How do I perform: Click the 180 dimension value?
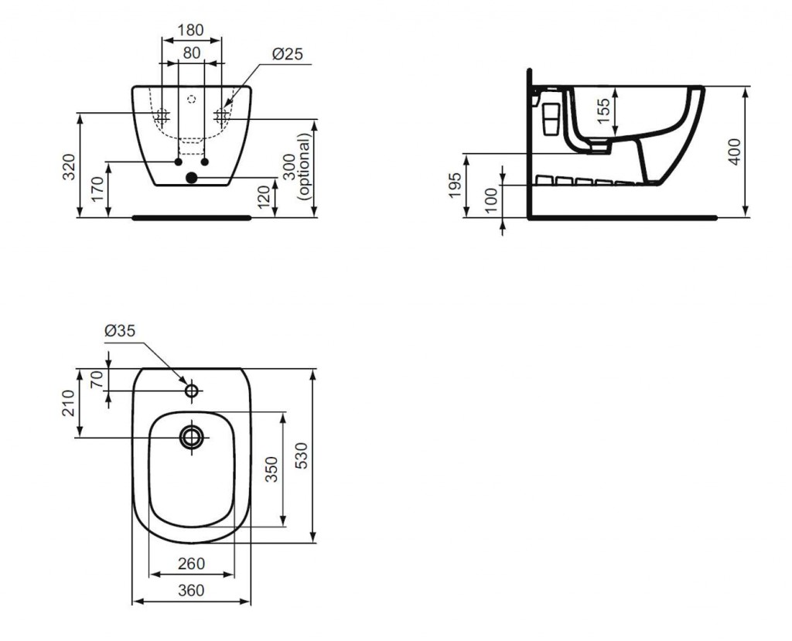tap(191, 30)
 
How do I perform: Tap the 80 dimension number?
tap(192, 53)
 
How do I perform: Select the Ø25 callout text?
tap(288, 53)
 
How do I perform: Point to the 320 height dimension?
tap(69, 166)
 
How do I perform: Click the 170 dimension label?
tap(98, 189)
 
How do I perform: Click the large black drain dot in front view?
tap(192, 177)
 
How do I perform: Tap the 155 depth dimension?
tap(603, 111)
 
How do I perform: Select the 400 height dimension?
tap(735, 151)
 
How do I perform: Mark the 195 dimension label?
tap(455, 186)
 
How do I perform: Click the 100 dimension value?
tap(490, 198)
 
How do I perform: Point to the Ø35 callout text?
tap(120, 331)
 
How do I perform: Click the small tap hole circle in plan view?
tap(192, 390)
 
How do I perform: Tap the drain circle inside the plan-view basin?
tap(192, 437)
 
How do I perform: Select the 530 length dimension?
tap(301, 455)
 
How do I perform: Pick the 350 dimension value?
tap(272, 469)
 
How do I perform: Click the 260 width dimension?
tap(192, 563)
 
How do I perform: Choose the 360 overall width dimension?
tap(192, 590)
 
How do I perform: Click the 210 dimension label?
tap(69, 403)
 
